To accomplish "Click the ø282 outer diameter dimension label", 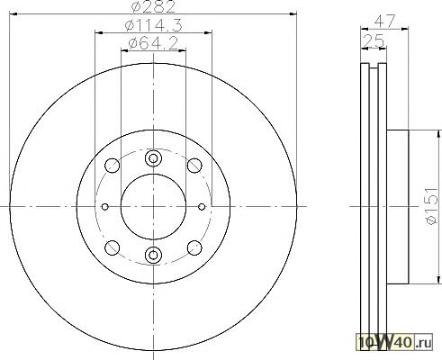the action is coord(153,6).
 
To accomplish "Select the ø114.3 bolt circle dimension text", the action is coord(153,25).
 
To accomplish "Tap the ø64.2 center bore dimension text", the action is coord(153,44).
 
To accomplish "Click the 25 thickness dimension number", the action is coord(374,40).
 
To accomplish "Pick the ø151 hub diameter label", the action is coord(432,206).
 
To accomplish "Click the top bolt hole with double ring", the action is coord(153,158).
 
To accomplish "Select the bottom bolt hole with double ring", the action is coord(153,255).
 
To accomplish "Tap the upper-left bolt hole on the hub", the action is coord(113,166).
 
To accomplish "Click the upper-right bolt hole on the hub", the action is coord(194,166).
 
